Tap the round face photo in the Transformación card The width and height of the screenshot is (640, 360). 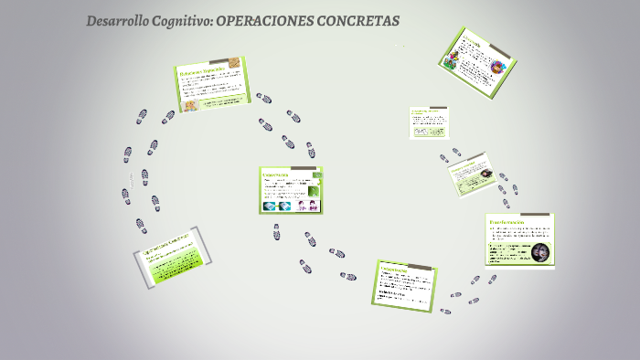point(540,252)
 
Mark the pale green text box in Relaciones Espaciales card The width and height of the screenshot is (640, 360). point(225,101)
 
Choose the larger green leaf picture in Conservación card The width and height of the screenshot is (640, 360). point(316,191)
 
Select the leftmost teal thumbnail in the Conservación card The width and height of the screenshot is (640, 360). point(270,206)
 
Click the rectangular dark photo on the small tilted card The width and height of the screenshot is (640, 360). point(484,173)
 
